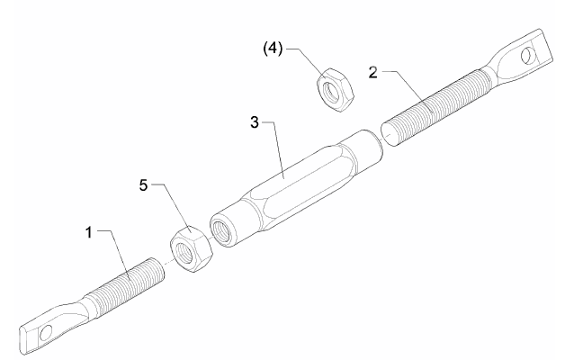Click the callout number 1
[89, 232]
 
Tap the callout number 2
[373, 73]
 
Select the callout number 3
[255, 122]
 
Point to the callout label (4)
[273, 48]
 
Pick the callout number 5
[143, 185]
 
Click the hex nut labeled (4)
[336, 89]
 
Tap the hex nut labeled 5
[191, 249]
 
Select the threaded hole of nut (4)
[330, 91]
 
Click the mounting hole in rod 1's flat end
[46, 332]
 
